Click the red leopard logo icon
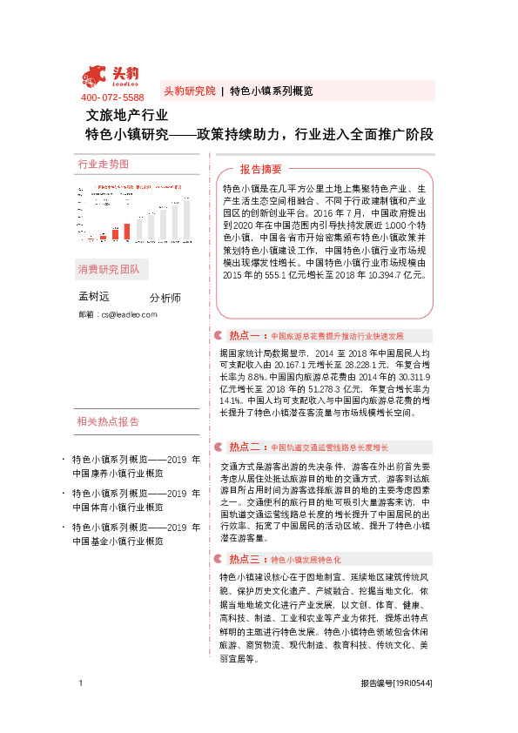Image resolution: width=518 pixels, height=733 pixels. (x=96, y=76)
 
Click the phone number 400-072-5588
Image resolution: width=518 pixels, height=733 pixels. (x=112, y=97)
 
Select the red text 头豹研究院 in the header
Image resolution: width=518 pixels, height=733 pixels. (x=189, y=91)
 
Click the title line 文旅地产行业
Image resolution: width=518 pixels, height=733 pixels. (x=126, y=115)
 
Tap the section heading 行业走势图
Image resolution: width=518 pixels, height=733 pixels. (x=104, y=164)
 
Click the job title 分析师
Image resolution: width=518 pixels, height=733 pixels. (x=165, y=298)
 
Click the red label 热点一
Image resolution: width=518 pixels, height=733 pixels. (x=245, y=335)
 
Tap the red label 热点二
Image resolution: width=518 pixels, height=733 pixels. (x=245, y=447)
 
